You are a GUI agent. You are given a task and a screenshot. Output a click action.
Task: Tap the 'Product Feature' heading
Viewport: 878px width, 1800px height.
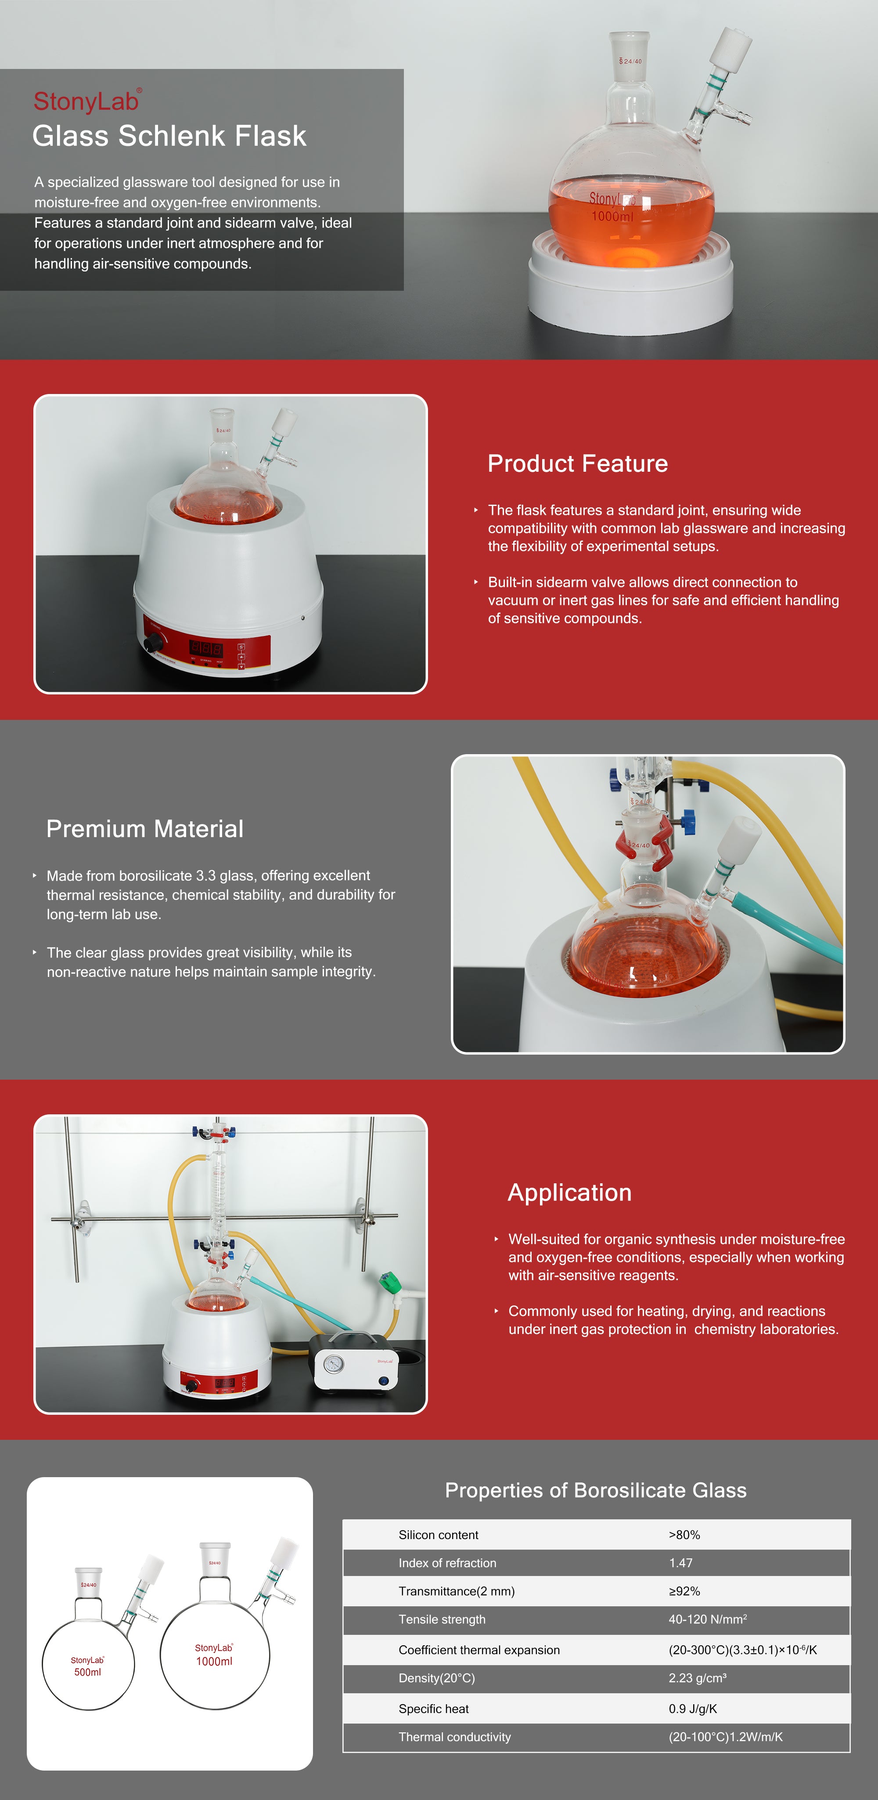pos(578,463)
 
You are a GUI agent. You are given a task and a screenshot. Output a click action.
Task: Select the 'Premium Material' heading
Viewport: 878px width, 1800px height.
pos(144,829)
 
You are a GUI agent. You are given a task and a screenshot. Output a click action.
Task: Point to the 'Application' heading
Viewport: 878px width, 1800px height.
pos(569,1193)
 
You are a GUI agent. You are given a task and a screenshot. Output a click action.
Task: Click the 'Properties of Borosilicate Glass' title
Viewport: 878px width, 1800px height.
pos(596,1490)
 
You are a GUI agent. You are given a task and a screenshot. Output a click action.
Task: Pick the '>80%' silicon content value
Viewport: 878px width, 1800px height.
pos(684,1535)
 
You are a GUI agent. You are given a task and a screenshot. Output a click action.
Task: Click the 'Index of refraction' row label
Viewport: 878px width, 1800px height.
pos(447,1563)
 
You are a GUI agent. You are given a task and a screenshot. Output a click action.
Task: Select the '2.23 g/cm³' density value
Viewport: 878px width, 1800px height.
pos(697,1678)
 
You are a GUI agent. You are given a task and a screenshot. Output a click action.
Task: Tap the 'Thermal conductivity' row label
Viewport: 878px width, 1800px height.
pos(455,1737)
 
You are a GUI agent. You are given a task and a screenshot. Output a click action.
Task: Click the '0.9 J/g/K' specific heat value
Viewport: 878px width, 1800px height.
pos(692,1709)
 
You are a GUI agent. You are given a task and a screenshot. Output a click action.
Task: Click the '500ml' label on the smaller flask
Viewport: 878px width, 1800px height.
pos(87,1672)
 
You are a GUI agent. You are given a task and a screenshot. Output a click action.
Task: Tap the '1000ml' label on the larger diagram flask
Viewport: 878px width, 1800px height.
pos(214,1662)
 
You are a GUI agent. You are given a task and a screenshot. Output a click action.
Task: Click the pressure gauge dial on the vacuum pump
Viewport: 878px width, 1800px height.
pos(334,1363)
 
